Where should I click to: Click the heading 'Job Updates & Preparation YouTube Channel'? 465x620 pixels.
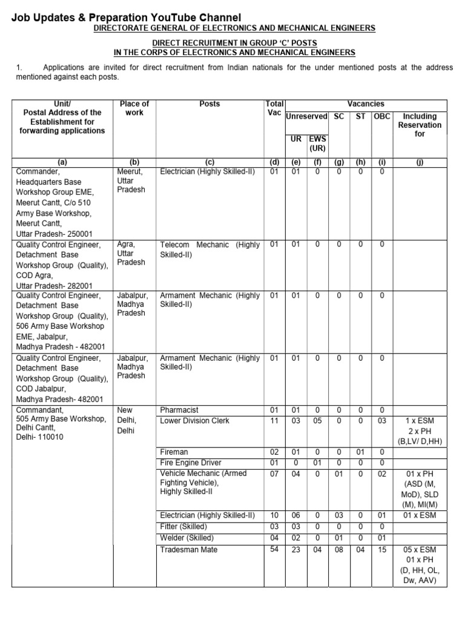click(x=126, y=18)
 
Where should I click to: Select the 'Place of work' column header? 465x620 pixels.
click(x=134, y=108)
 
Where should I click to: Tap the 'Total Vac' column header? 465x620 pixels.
click(x=274, y=108)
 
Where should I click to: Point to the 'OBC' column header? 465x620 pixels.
click(x=381, y=116)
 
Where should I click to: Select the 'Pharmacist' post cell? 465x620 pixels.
click(x=179, y=410)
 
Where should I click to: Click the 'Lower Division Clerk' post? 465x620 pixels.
click(x=195, y=420)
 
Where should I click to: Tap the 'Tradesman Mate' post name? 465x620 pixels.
click(x=188, y=550)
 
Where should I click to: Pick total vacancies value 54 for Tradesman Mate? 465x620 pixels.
click(x=274, y=549)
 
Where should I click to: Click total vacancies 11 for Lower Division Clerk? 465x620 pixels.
click(x=274, y=420)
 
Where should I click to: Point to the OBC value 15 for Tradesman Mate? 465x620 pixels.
click(x=381, y=550)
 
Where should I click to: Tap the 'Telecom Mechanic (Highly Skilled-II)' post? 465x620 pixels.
click(x=209, y=249)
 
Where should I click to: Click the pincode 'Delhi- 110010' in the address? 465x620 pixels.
click(x=40, y=437)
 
